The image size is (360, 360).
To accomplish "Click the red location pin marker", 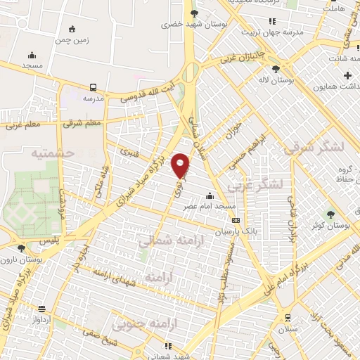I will click(x=181, y=165).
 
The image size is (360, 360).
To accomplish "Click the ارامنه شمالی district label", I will click(x=166, y=241).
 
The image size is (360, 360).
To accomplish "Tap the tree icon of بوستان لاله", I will click(x=275, y=69).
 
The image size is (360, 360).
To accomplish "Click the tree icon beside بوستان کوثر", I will click(x=330, y=214).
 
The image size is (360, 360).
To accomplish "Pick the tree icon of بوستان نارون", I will click(x=21, y=248).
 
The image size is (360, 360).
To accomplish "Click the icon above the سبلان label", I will click(x=288, y=318).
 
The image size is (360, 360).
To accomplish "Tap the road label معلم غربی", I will click(x=20, y=125).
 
